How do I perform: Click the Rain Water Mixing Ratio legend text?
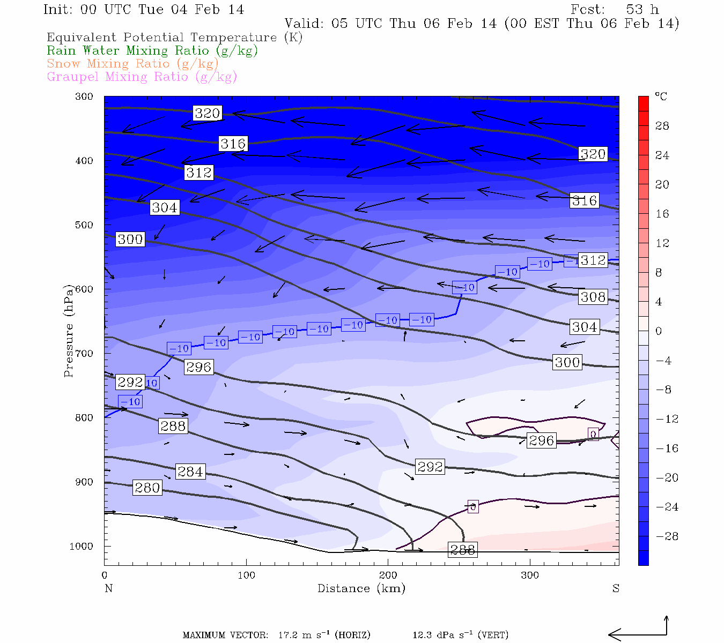[152, 51]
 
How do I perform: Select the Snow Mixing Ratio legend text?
[132, 64]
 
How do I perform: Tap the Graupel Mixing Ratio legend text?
[142, 77]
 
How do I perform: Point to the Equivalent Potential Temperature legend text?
[174, 38]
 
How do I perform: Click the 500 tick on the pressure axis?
[84, 225]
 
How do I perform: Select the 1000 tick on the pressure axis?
[82, 547]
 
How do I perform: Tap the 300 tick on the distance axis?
[530, 575]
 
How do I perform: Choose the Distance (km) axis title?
[361, 589]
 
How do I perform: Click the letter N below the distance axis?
[108, 589]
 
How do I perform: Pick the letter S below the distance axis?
[616, 589]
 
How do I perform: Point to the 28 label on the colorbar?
[662, 126]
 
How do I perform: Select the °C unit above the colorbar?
[661, 97]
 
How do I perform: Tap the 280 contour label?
[147, 488]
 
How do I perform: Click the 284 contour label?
[190, 472]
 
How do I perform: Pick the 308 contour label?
[593, 297]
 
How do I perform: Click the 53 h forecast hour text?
[642, 10]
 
